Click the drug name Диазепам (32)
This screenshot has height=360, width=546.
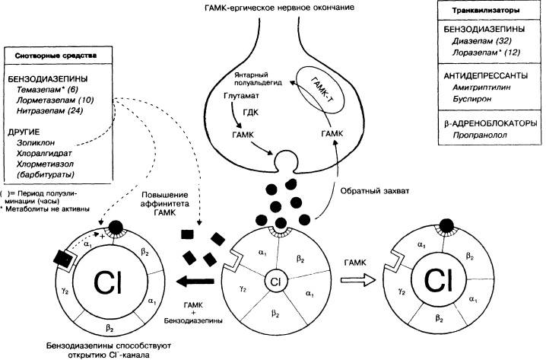coord(481,41)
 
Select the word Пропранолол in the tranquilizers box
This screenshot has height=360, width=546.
coord(480,135)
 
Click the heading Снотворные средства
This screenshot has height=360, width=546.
coord(56,56)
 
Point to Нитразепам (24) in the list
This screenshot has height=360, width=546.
coord(49,111)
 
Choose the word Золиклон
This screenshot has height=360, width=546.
coord(36,143)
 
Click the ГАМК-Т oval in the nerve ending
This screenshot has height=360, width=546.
coord(320,91)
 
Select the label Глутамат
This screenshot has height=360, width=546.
coord(241,95)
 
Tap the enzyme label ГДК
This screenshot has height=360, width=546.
coord(250,112)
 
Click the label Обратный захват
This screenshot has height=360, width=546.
coord(375,191)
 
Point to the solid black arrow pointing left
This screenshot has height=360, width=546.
coord(195,282)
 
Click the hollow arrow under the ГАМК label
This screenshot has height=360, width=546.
coord(358,280)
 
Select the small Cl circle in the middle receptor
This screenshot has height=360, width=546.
coord(275,282)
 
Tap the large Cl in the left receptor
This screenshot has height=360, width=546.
coord(109,282)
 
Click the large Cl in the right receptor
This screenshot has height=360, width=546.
coord(439,280)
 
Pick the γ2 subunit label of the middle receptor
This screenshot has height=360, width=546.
coord(243,288)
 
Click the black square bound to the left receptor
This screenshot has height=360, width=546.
coord(63,259)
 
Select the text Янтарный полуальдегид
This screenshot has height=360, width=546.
coord(258,78)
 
